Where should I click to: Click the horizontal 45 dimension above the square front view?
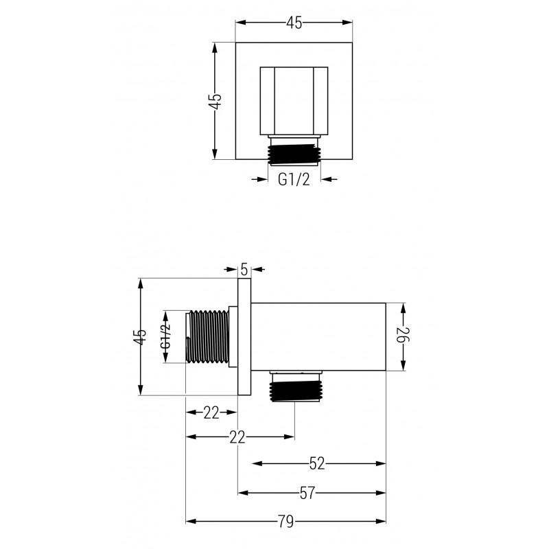pos(294,23)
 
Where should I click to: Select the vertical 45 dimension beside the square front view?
pos(215,102)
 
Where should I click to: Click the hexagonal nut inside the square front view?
pos(294,100)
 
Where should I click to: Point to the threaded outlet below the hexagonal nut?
pos(294,150)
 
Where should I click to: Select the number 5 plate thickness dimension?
pos(244,269)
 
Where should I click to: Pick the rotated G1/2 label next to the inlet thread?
pos(165,336)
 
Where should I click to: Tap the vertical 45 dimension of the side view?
pos(140,336)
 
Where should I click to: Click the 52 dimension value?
pos(316,464)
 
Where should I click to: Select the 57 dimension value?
pos(307,492)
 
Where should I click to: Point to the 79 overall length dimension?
pos(286,521)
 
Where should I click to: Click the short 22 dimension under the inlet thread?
pos(211,412)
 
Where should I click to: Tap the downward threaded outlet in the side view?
pos(294,389)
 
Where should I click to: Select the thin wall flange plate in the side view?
pos(244,336)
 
